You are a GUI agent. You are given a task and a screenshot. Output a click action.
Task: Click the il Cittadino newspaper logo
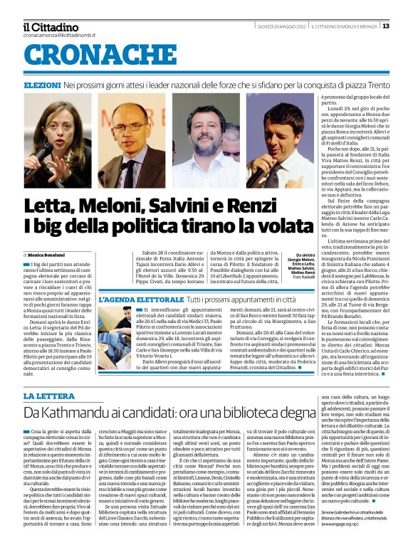pos(51,26)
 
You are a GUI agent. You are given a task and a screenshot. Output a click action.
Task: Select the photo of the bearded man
pos(206,140)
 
